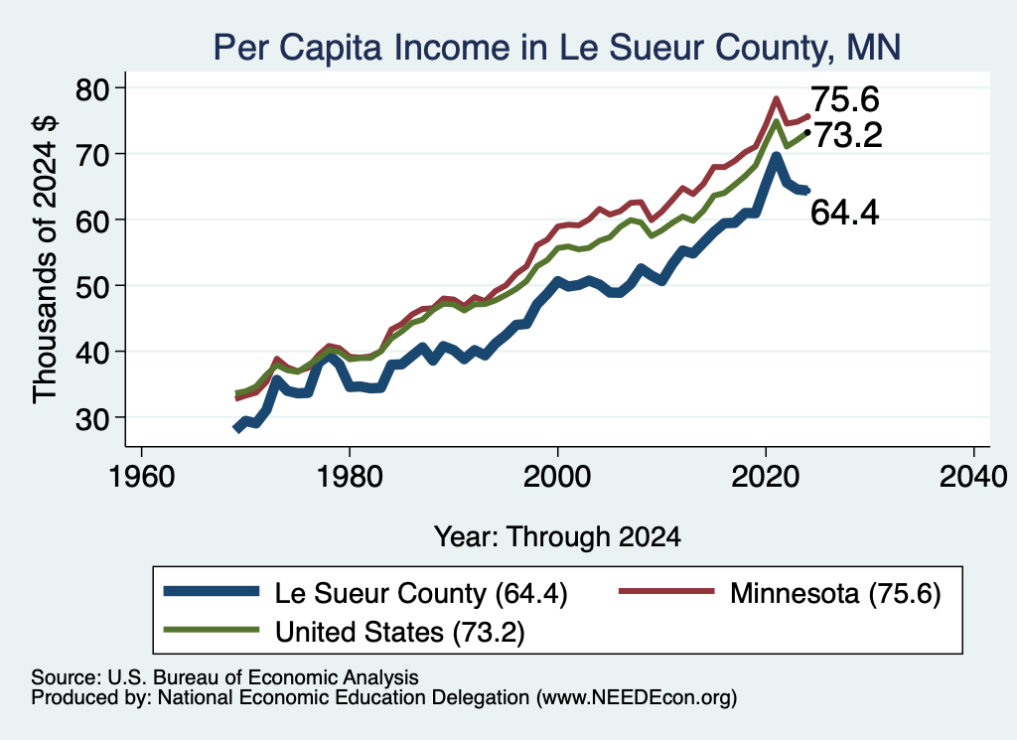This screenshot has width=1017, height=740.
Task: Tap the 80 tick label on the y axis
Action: point(92,88)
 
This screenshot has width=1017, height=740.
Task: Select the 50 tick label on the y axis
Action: point(92,287)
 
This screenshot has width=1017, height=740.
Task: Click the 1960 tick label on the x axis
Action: point(141,477)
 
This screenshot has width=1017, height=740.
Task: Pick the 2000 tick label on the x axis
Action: point(557,477)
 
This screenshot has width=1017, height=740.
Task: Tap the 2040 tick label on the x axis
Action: point(973,477)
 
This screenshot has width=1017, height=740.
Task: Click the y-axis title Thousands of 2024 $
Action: point(45,259)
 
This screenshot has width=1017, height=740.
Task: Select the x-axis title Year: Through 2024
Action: point(557,537)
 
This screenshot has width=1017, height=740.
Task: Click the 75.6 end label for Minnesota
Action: point(845,99)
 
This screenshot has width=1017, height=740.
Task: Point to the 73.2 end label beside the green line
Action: point(848,135)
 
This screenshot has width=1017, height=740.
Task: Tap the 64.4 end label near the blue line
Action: point(845,213)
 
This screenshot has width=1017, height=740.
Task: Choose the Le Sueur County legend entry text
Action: point(421,593)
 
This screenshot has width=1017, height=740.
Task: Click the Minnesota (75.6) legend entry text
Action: point(835,593)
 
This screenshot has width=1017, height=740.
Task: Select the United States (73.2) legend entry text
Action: point(399,632)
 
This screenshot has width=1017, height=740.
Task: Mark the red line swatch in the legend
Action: point(666,591)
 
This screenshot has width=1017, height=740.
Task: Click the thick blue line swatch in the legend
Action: point(212,591)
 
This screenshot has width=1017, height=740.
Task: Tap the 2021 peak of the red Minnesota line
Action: point(776,98)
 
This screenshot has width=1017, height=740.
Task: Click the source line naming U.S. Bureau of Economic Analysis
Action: point(224,677)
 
